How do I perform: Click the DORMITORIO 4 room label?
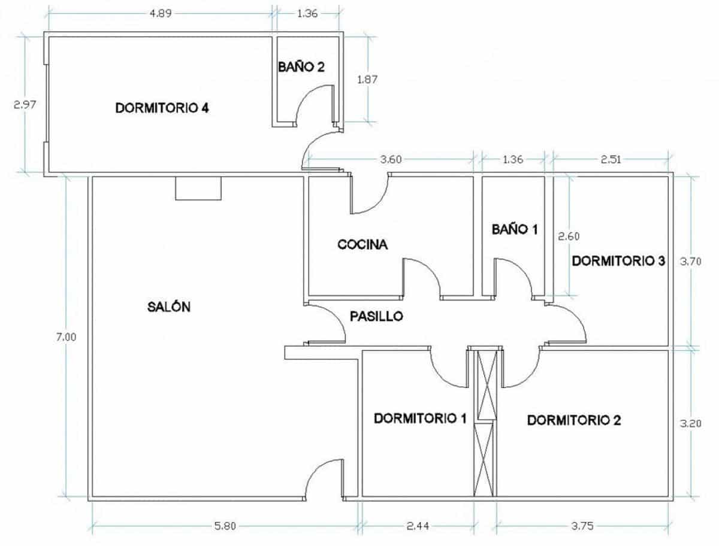tap(162, 108)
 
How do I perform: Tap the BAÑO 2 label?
tap(301, 66)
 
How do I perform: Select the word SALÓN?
tap(168, 307)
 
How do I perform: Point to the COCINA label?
tap(362, 244)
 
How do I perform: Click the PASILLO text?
tap(376, 316)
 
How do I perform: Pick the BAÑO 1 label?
tap(515, 229)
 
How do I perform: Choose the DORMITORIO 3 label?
tap(618, 261)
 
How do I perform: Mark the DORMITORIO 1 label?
tap(419, 418)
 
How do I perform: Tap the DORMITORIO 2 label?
tap(573, 420)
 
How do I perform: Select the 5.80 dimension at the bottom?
tap(226, 527)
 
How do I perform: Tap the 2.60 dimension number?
tap(569, 236)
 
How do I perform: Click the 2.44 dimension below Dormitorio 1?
tap(418, 527)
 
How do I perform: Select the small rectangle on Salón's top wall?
tap(198, 189)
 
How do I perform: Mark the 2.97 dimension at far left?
tap(25, 104)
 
